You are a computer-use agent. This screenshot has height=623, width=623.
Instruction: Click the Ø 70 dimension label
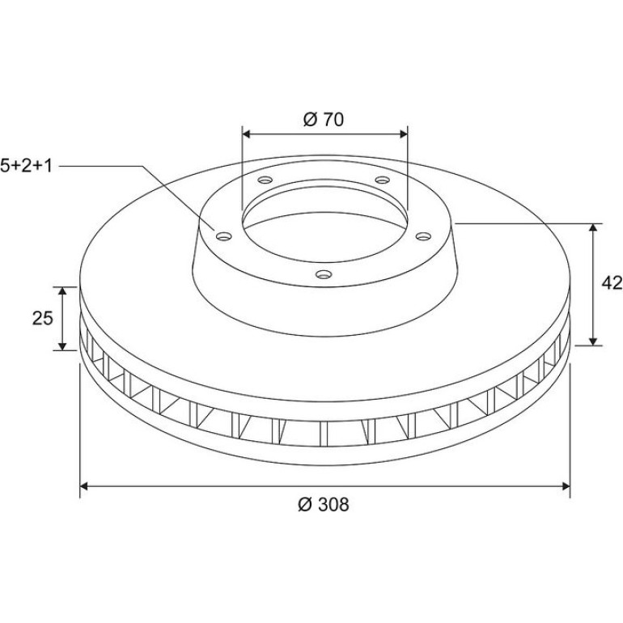point(324,120)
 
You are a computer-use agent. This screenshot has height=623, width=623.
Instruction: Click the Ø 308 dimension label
point(324,505)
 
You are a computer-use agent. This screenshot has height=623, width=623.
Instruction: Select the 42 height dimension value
point(612,283)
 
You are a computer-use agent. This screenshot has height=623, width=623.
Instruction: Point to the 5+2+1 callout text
point(26,165)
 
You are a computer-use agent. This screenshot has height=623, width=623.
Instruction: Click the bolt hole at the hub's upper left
point(265,180)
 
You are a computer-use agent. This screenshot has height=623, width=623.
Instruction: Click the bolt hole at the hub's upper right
point(383,180)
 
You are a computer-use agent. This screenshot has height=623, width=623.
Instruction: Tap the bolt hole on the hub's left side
point(224,236)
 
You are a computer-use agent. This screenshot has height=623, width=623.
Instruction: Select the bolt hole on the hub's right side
point(423,236)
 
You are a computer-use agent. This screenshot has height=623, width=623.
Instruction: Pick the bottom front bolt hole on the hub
point(324,274)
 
